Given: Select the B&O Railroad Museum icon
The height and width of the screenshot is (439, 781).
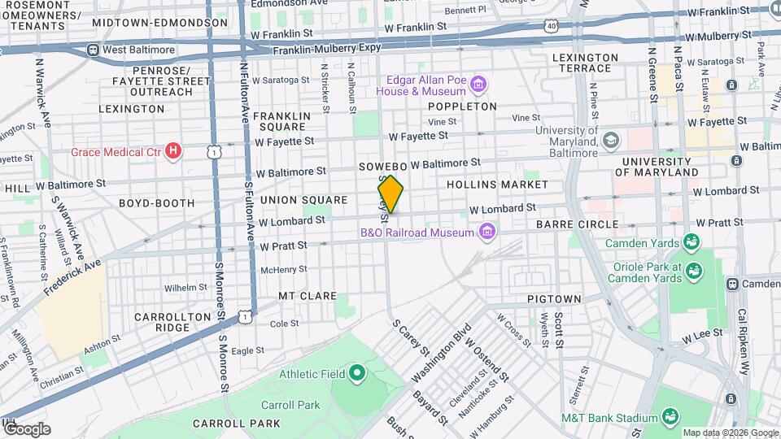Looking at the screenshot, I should click(487, 233).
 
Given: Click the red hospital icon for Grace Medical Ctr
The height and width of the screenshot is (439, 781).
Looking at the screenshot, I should click(172, 150).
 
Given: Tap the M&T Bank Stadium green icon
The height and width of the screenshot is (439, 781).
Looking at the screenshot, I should click(670, 418).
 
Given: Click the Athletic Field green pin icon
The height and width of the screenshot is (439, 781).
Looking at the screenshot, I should click(356, 374).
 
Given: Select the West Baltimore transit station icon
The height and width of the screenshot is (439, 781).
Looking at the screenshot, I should click(94, 50).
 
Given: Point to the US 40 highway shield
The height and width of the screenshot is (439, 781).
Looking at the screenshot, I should click(552, 26).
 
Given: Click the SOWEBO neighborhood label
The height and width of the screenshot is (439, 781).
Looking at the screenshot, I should click(382, 166).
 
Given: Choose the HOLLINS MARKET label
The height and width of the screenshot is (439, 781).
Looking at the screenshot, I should click(497, 185).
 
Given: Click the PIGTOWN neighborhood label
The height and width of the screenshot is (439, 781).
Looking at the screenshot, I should click(553, 299).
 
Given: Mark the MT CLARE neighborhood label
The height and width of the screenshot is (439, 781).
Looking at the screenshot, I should click(308, 296).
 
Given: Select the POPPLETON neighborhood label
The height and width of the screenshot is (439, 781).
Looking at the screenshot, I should click(462, 106).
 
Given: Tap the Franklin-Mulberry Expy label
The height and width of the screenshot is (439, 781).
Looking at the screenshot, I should click(327, 49).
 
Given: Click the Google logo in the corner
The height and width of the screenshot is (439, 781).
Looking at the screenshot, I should click(26, 428).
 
